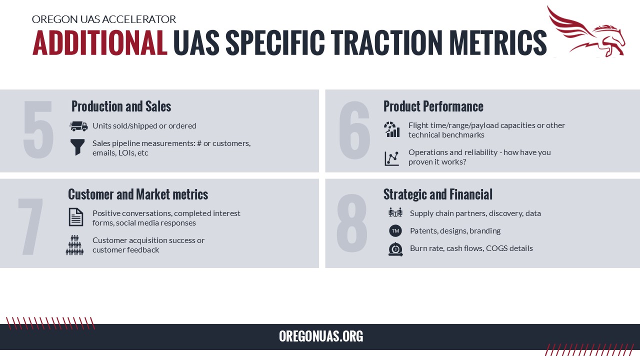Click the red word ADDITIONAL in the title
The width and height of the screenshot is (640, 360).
(x=99, y=43)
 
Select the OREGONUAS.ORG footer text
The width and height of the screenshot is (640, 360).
(x=321, y=336)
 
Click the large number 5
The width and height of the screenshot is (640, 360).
(x=38, y=129)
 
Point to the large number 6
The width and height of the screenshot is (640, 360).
(x=354, y=130)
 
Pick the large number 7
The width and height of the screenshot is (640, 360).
(x=30, y=226)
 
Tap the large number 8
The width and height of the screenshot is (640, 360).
(x=351, y=223)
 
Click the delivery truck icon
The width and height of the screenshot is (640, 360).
(x=78, y=126)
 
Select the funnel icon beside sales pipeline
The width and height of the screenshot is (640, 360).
(x=77, y=147)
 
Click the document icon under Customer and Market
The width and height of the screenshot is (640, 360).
(x=75, y=217)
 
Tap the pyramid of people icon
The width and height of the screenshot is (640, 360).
(x=74, y=245)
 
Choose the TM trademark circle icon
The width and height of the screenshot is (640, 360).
(x=395, y=231)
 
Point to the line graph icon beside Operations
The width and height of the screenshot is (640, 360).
(x=391, y=158)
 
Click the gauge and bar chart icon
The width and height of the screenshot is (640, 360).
(x=391, y=129)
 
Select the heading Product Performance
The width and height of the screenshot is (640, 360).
(x=433, y=106)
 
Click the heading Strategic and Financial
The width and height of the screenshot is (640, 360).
(x=437, y=194)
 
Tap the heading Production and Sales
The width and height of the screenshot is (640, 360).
(x=121, y=106)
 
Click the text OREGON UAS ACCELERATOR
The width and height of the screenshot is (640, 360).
(x=103, y=19)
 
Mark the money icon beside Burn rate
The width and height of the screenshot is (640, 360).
(x=395, y=249)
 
